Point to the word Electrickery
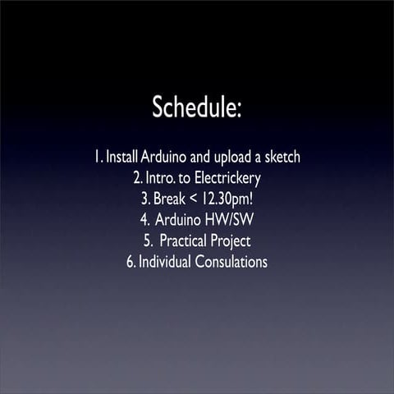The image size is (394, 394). [222, 177]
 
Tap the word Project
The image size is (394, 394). [233, 241]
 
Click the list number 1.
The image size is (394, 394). [98, 156]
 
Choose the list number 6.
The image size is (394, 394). [131, 263]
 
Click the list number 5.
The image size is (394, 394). [147, 241]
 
